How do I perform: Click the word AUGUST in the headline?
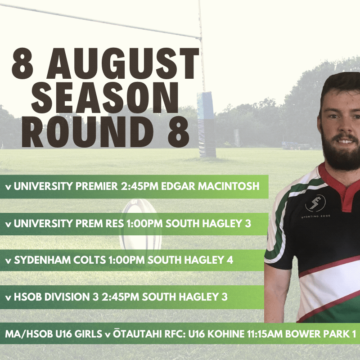pos(123,63)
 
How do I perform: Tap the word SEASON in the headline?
pos(105,98)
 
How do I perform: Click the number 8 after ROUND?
pos(179,131)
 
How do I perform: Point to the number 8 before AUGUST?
pos(23,63)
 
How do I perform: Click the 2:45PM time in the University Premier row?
pos(139,186)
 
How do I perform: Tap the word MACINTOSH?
pos(229,186)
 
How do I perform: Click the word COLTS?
pos(90,260)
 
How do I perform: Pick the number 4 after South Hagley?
pos(230,260)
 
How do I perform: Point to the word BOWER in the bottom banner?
pos(303,334)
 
